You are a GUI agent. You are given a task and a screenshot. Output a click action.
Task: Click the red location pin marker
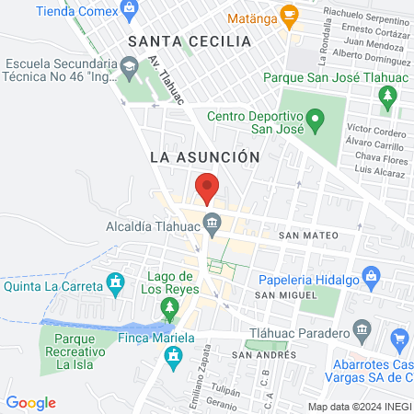coord(207,188)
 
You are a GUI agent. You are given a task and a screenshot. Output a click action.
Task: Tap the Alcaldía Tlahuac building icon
coord(213,222)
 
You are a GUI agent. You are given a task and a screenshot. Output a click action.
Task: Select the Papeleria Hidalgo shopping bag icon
coord(372,275)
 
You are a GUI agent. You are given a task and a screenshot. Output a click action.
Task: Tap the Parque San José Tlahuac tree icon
coord(388,94)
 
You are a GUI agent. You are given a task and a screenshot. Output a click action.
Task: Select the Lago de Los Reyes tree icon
coord(168,306)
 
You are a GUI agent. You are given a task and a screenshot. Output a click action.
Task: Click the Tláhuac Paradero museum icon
coord(362,329)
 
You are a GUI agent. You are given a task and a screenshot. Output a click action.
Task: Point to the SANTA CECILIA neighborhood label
coord(190,41)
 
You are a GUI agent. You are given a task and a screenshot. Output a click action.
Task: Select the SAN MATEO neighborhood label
coord(309,236)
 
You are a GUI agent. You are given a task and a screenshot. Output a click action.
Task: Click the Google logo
coord(30,402)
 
